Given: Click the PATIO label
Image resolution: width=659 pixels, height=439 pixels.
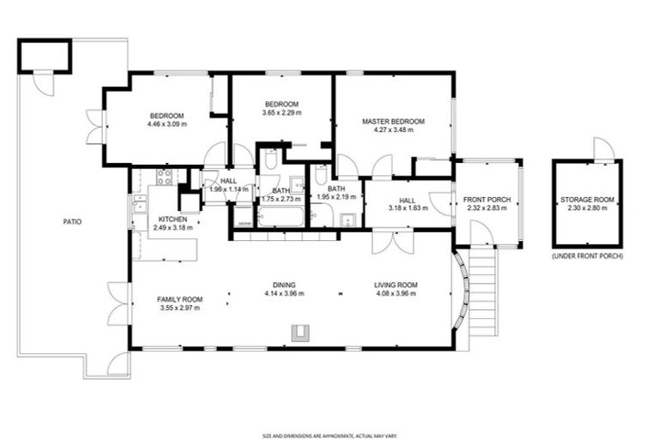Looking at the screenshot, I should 73,221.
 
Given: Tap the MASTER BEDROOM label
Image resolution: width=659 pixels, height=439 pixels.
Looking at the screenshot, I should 393,121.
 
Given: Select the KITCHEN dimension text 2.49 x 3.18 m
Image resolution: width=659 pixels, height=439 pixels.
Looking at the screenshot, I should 172,228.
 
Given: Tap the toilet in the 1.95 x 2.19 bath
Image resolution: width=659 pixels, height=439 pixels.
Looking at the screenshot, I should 320,176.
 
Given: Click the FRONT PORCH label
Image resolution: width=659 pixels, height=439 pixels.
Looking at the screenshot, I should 488,200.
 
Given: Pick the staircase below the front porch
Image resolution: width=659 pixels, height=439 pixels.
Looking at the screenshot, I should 484,286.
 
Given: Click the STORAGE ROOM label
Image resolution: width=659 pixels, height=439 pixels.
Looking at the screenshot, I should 588,200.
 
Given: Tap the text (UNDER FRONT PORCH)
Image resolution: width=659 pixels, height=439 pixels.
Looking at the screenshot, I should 588,256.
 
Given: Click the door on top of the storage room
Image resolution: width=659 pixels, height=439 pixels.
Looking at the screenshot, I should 604,150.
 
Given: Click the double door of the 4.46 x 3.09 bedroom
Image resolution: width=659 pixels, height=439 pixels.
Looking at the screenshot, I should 94,127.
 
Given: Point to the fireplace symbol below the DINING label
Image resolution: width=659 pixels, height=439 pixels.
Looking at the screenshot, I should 301,331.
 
